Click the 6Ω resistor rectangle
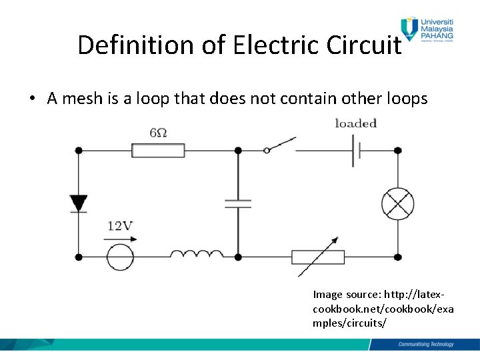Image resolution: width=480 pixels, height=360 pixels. click(158, 151)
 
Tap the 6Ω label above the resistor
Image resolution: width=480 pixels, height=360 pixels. click(158, 133)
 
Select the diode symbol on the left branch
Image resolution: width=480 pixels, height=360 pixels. click(79, 203)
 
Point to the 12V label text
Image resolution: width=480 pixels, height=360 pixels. click(120, 226)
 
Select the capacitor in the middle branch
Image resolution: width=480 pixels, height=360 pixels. click(238, 203)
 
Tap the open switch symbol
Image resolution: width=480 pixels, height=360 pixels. click(280, 145)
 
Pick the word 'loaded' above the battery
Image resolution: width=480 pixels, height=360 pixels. click(355, 123)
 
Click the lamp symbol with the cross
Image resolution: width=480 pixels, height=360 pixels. click(397, 203)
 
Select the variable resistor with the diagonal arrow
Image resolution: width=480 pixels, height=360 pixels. click(318, 257)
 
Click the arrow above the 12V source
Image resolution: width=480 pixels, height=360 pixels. click(119, 238)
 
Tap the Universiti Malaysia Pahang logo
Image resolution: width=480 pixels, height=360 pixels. click(427, 30)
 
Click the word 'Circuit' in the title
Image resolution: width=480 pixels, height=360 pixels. click(364, 45)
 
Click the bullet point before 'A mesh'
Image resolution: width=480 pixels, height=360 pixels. click(32, 99)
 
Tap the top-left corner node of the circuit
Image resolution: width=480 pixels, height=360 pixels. click(79, 151)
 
